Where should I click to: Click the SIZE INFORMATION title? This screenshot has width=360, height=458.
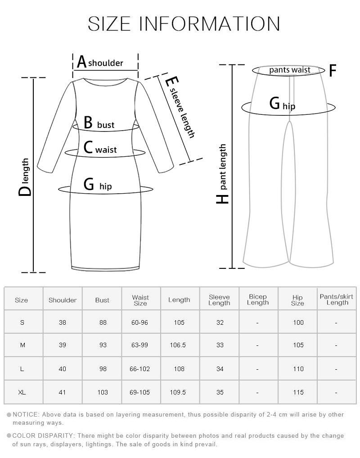pos(184,24)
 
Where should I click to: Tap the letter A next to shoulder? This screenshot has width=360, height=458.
pos(82,62)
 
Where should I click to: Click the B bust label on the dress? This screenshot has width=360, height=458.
pos(99,123)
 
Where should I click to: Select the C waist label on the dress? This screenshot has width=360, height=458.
pos(100,148)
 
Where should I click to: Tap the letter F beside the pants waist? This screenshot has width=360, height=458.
pos(333,70)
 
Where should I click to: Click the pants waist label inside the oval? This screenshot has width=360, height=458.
pos(290,70)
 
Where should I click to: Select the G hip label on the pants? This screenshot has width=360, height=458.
pos(282,104)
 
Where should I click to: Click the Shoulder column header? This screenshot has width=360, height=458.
pos(63,300)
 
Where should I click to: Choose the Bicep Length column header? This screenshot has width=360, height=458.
pos(258,299)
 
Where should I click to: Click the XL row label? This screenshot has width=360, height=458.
pos(22,392)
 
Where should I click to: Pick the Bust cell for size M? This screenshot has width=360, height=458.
pos(103,345)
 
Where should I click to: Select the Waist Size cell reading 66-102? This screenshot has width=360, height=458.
pos(139,369)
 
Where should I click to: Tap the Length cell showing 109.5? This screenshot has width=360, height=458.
pos(178,392)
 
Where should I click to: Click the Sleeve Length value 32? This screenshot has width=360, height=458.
pos(220,322)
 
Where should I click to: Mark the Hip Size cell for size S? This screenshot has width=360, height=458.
pos(298,322)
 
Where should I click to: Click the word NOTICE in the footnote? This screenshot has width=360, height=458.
pos(26,414)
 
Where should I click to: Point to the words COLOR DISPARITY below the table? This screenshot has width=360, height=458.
pos(43,436)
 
